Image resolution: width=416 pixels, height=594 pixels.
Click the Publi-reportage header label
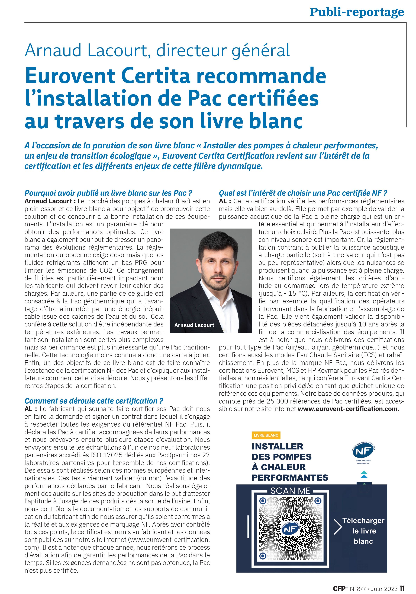pos(357,12)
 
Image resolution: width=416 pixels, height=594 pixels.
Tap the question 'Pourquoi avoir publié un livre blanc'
pos(108,193)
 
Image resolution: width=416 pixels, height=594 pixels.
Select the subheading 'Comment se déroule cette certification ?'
pos(94,401)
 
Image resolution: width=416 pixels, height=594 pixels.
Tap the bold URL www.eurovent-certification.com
pos(347,409)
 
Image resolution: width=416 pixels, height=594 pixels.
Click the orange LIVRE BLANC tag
pos(266,435)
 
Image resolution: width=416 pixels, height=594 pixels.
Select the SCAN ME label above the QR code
pos(290,491)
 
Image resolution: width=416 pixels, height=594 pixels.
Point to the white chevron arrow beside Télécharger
pos(337,527)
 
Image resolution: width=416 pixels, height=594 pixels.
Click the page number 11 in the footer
pos(402,588)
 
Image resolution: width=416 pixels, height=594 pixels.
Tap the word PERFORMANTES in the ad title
pos(290,478)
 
